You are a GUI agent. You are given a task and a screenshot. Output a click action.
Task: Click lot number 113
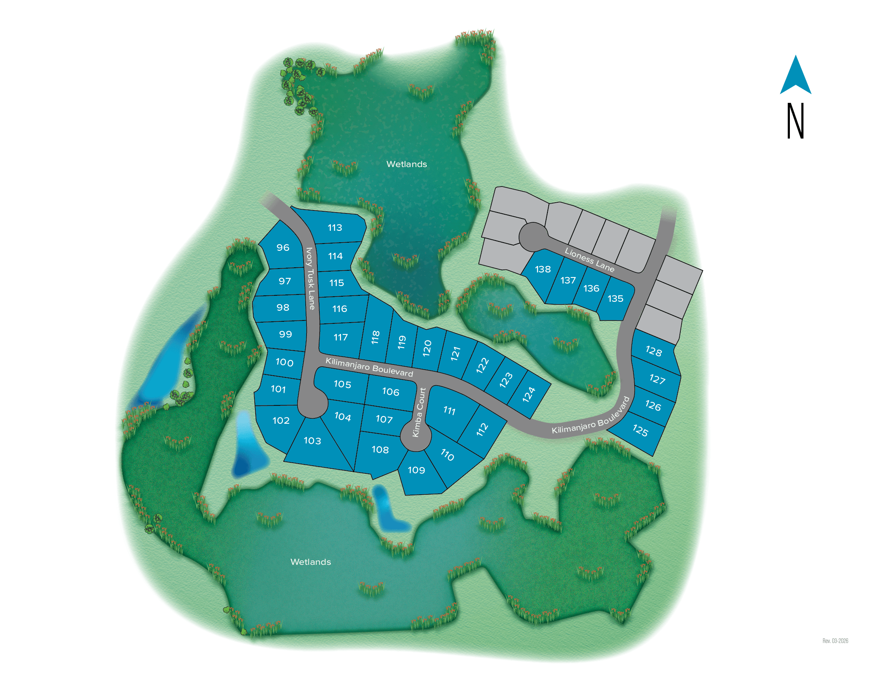pyautogui.click(x=335, y=228)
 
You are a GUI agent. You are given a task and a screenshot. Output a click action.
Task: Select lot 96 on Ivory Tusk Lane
pyautogui.click(x=283, y=247)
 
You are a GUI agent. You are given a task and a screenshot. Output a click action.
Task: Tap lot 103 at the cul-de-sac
pyautogui.click(x=312, y=441)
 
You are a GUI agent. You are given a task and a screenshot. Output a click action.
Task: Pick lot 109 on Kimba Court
pyautogui.click(x=416, y=470)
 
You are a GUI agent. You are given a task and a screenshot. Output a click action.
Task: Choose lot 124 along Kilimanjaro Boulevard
pyautogui.click(x=529, y=395)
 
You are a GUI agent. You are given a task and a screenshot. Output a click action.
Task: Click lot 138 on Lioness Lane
pyautogui.click(x=543, y=269)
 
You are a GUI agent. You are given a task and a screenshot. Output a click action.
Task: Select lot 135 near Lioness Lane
pyautogui.click(x=615, y=299)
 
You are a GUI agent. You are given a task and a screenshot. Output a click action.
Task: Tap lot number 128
pyautogui.click(x=654, y=351)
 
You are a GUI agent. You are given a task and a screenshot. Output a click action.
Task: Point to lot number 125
pyautogui.click(x=640, y=431)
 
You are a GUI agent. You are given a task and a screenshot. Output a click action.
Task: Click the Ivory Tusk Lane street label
pyautogui.click(x=310, y=278)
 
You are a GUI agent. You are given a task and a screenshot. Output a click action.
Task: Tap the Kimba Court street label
pyautogui.click(x=419, y=412)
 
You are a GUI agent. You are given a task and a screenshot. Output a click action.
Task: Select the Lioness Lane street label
pyautogui.click(x=589, y=260)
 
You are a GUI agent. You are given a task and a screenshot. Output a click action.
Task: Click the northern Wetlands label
pyautogui.click(x=406, y=164)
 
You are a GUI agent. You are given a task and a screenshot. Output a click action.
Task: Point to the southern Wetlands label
pyautogui.click(x=310, y=562)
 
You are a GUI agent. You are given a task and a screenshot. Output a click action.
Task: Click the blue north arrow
pyautogui.click(x=795, y=76)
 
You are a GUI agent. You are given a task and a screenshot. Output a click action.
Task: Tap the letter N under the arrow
pyautogui.click(x=795, y=121)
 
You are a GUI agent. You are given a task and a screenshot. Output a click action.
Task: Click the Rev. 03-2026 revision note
pyautogui.click(x=835, y=641)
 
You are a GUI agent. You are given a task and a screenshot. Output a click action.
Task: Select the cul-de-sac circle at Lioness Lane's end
pyautogui.click(x=533, y=237)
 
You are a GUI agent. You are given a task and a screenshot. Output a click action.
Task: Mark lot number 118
pyautogui.click(x=375, y=337)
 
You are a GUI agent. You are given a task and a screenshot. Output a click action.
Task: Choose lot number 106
pyautogui.click(x=390, y=392)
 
